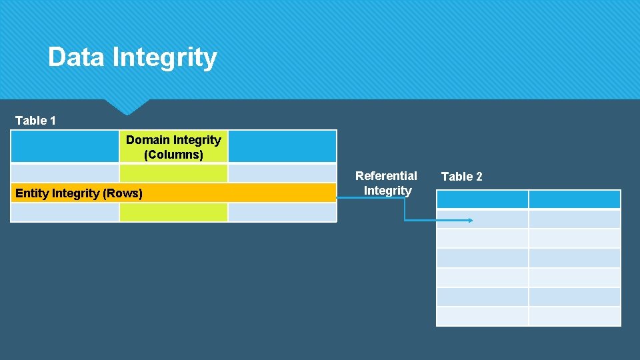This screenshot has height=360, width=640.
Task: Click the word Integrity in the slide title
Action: pos(165,57)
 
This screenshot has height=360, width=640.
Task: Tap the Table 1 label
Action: pos(35,121)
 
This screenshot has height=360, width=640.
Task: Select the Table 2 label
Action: pos(461,177)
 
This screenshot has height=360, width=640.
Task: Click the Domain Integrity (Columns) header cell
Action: pos(173,147)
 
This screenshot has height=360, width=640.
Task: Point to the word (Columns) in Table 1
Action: pos(173,155)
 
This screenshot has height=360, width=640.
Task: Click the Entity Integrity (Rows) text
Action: pos(79,193)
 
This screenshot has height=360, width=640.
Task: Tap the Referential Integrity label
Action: pos(387,183)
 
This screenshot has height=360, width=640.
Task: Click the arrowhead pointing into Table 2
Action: pos(470,220)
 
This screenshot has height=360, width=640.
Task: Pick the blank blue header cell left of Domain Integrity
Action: pos(65,146)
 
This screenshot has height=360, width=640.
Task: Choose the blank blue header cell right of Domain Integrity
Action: pos(282,146)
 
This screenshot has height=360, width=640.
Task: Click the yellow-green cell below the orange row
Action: pos(173,212)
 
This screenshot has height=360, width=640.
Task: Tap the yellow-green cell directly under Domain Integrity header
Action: pos(173,173)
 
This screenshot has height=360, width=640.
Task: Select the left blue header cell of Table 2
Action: pos(482,199)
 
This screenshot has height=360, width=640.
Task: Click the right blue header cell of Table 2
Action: pos(574,199)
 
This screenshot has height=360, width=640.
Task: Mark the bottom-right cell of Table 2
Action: pos(574,316)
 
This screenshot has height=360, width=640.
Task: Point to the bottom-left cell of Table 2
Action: pos(482,316)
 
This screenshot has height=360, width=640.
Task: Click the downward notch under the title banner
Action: pos(127,107)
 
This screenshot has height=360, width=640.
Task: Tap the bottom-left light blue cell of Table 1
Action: pos(65,212)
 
